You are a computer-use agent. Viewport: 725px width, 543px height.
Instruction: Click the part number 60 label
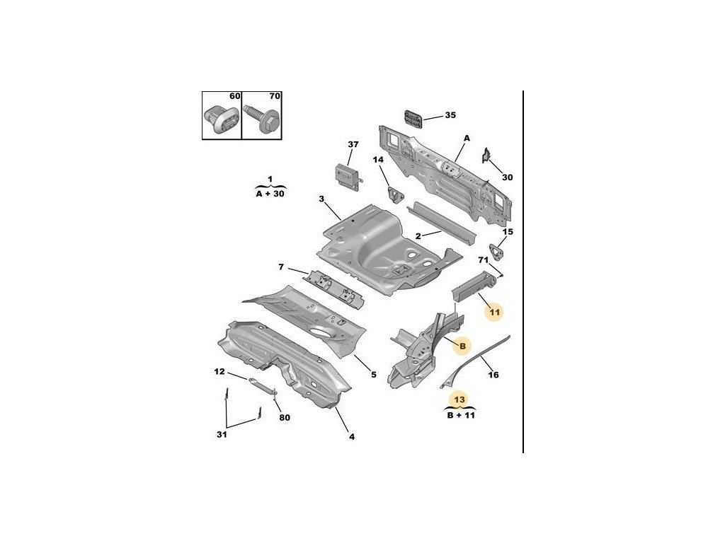pos(234,96)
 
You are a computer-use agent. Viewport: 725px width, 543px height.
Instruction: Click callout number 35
pos(450,115)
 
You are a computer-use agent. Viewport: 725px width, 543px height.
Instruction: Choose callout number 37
pos(353,145)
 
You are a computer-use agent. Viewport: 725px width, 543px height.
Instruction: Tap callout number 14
pos(379,160)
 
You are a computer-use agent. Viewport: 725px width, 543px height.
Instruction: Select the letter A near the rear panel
pos(467,138)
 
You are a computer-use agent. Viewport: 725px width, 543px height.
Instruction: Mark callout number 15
pos(508,232)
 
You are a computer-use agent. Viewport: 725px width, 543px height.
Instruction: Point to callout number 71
pos(484,260)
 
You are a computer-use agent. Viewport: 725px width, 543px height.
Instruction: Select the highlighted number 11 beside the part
pos(494,312)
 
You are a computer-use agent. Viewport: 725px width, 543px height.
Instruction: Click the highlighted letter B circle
pos(461,346)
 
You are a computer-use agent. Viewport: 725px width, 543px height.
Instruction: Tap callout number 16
pos(493,375)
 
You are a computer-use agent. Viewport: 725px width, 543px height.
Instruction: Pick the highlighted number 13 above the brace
pos(459,399)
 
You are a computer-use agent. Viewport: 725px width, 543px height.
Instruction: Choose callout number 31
pos(222,434)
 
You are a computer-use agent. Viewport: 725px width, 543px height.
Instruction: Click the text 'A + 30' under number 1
pos(270,193)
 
